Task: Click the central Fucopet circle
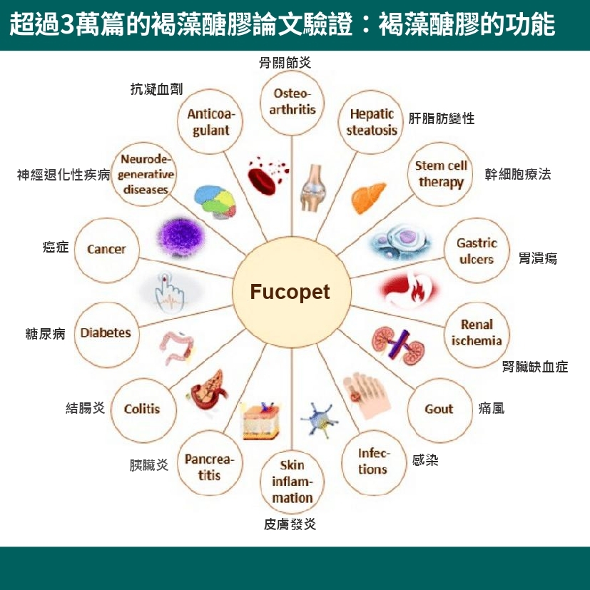pyautogui.click(x=290, y=293)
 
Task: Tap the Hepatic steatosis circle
pyautogui.click(x=372, y=122)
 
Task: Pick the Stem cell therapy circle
pyautogui.click(x=441, y=173)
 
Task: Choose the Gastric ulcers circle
pyautogui.click(x=477, y=250)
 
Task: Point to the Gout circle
pyautogui.click(x=438, y=409)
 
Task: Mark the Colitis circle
pyautogui.click(x=142, y=409)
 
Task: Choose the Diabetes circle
pyautogui.click(x=106, y=333)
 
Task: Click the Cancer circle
pyautogui.click(x=106, y=249)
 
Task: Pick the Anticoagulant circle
pyautogui.click(x=210, y=122)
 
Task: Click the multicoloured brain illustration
pyautogui.click(x=215, y=203)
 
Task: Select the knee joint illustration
pyautogui.click(x=312, y=188)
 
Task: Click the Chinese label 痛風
pyautogui.click(x=492, y=410)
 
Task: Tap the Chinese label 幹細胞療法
pyautogui.click(x=517, y=174)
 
